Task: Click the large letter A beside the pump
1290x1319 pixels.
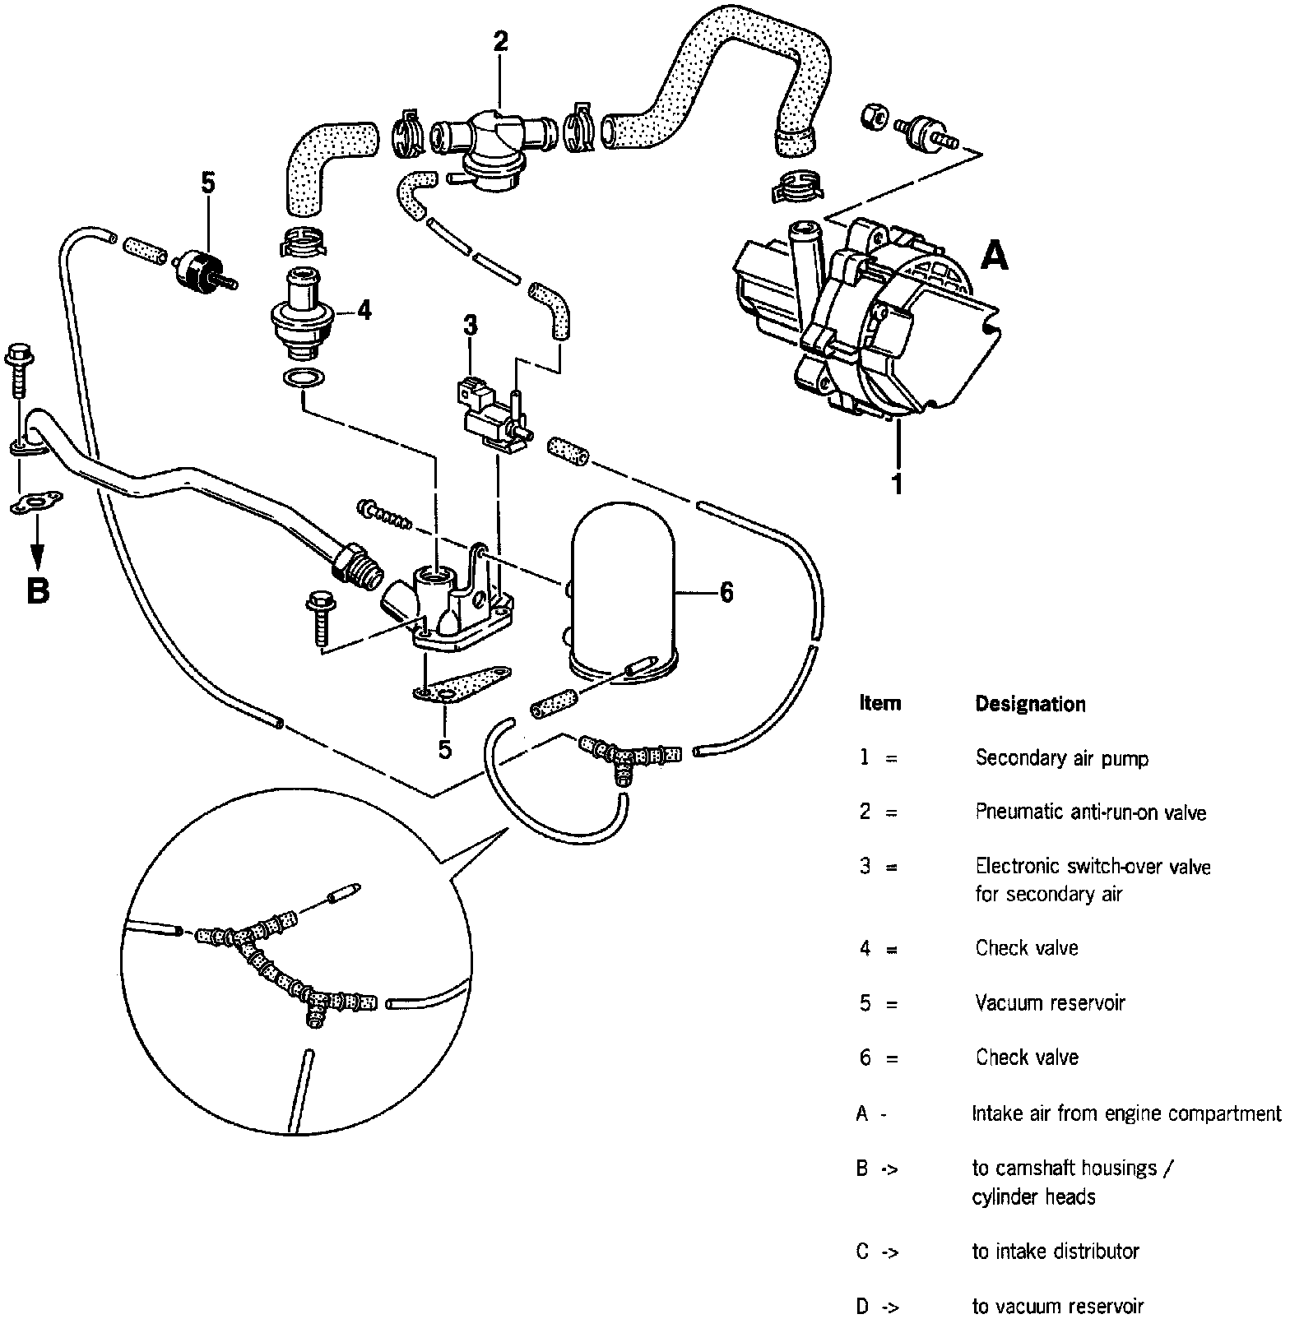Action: pyautogui.click(x=994, y=257)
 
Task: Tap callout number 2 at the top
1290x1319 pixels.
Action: pyautogui.click(x=500, y=42)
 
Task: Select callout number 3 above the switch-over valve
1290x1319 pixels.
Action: pyautogui.click(x=470, y=326)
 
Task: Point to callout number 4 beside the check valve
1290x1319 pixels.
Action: pyautogui.click(x=364, y=310)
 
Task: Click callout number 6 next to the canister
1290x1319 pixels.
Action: pyautogui.click(x=726, y=592)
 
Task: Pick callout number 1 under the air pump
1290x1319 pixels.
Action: pyautogui.click(x=898, y=483)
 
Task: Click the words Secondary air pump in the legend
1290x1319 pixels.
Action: pyautogui.click(x=1061, y=758)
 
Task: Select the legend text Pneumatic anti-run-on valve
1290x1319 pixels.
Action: pyautogui.click(x=1090, y=812)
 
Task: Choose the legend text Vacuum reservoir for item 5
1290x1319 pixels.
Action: pyautogui.click(x=1050, y=1003)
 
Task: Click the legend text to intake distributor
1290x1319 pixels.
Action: pyautogui.click(x=1056, y=1252)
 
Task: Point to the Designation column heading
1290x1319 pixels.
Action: pyautogui.click(x=1030, y=704)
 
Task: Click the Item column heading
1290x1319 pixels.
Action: pyautogui.click(x=879, y=703)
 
